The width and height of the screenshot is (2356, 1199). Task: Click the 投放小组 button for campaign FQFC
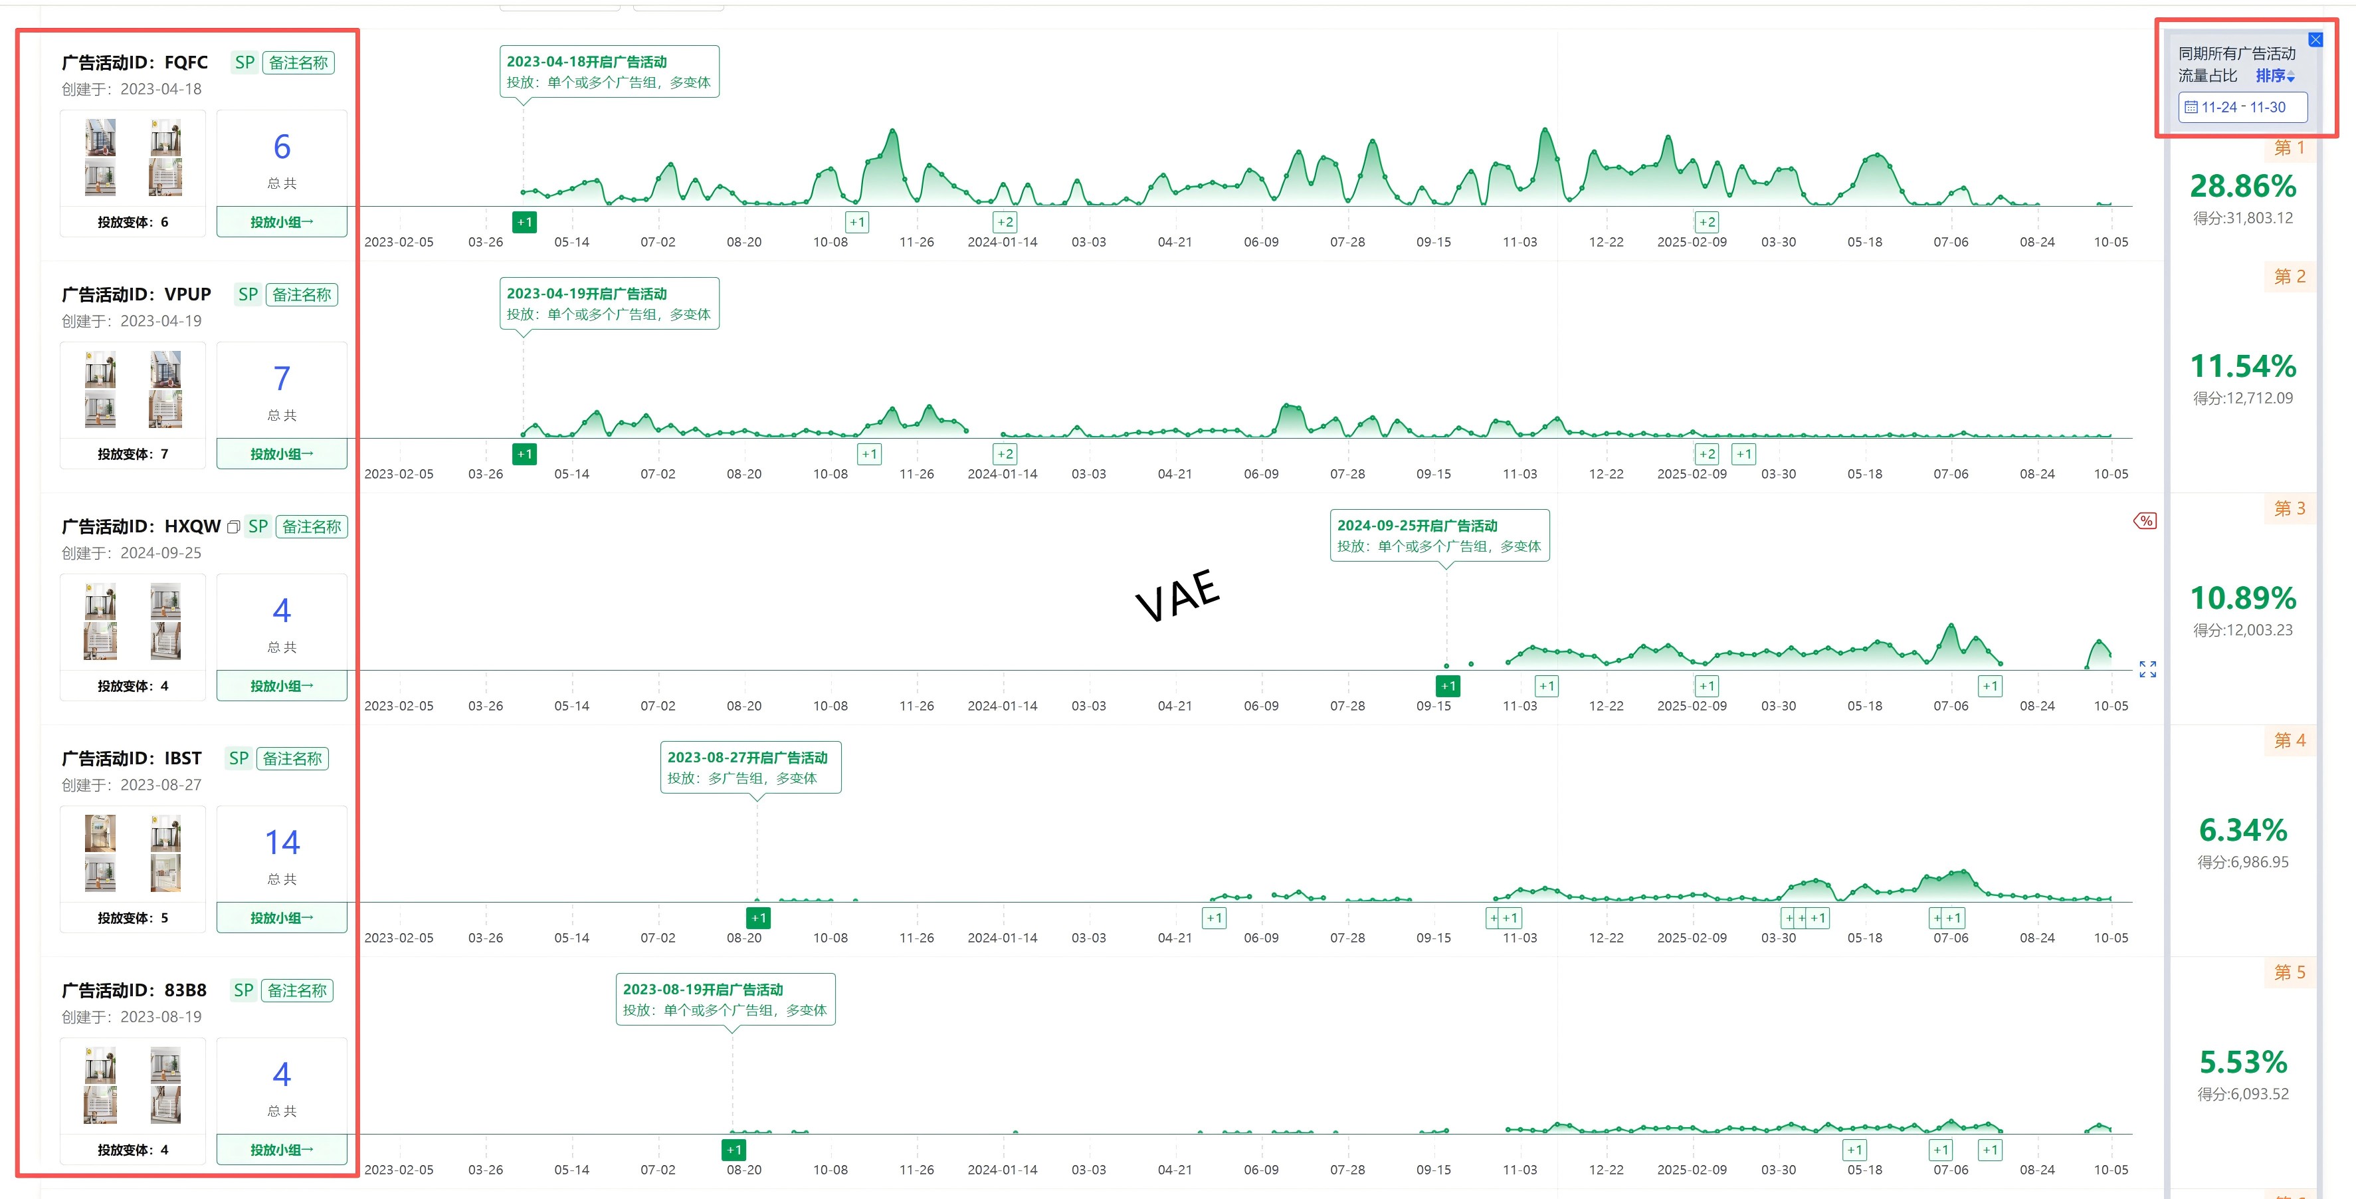pos(282,222)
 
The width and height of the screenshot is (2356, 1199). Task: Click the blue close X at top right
pos(2315,39)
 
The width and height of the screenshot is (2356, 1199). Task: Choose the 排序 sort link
pos(2274,76)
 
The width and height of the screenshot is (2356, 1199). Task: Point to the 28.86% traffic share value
pos(2242,187)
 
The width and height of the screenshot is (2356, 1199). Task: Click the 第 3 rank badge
pos(2290,508)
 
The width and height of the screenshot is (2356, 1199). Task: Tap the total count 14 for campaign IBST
pos(282,842)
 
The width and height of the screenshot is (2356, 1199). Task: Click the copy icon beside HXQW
pos(233,527)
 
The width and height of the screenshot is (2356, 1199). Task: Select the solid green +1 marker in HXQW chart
pos(1448,686)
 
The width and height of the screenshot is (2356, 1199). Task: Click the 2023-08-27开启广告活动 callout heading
pos(747,757)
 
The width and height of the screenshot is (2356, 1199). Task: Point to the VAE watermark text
pos(1177,596)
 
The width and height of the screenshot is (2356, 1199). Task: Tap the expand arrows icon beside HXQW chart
pos(2147,669)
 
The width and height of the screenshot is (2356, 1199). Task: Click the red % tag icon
pos(2145,521)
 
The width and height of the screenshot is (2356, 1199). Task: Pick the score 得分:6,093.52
pos(2242,1094)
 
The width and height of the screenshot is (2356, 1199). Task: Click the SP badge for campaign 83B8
pos(243,990)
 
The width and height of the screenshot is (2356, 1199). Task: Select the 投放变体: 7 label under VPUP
pos(133,455)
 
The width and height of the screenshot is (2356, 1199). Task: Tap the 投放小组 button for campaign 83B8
pos(282,1150)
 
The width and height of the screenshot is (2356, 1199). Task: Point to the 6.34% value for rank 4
pos(2242,830)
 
